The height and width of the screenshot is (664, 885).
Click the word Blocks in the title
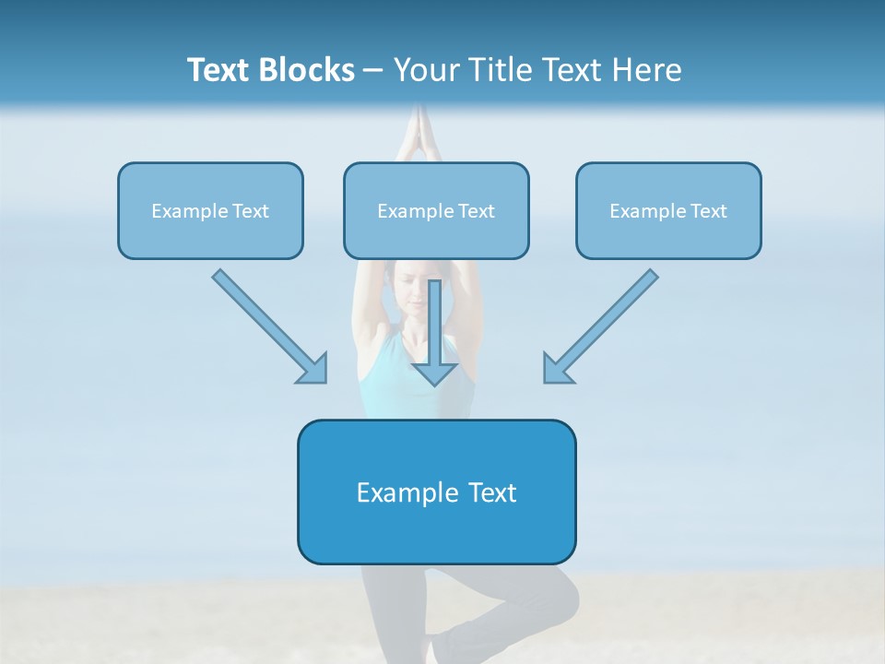309,70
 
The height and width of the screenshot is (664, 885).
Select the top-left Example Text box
210,211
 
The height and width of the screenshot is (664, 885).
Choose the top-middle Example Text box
436,211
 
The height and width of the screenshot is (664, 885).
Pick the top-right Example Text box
668,211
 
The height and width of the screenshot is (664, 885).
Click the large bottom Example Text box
436,492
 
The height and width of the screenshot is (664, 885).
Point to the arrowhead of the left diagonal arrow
313,369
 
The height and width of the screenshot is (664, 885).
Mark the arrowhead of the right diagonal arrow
557,369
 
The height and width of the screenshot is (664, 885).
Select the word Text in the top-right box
708,211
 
